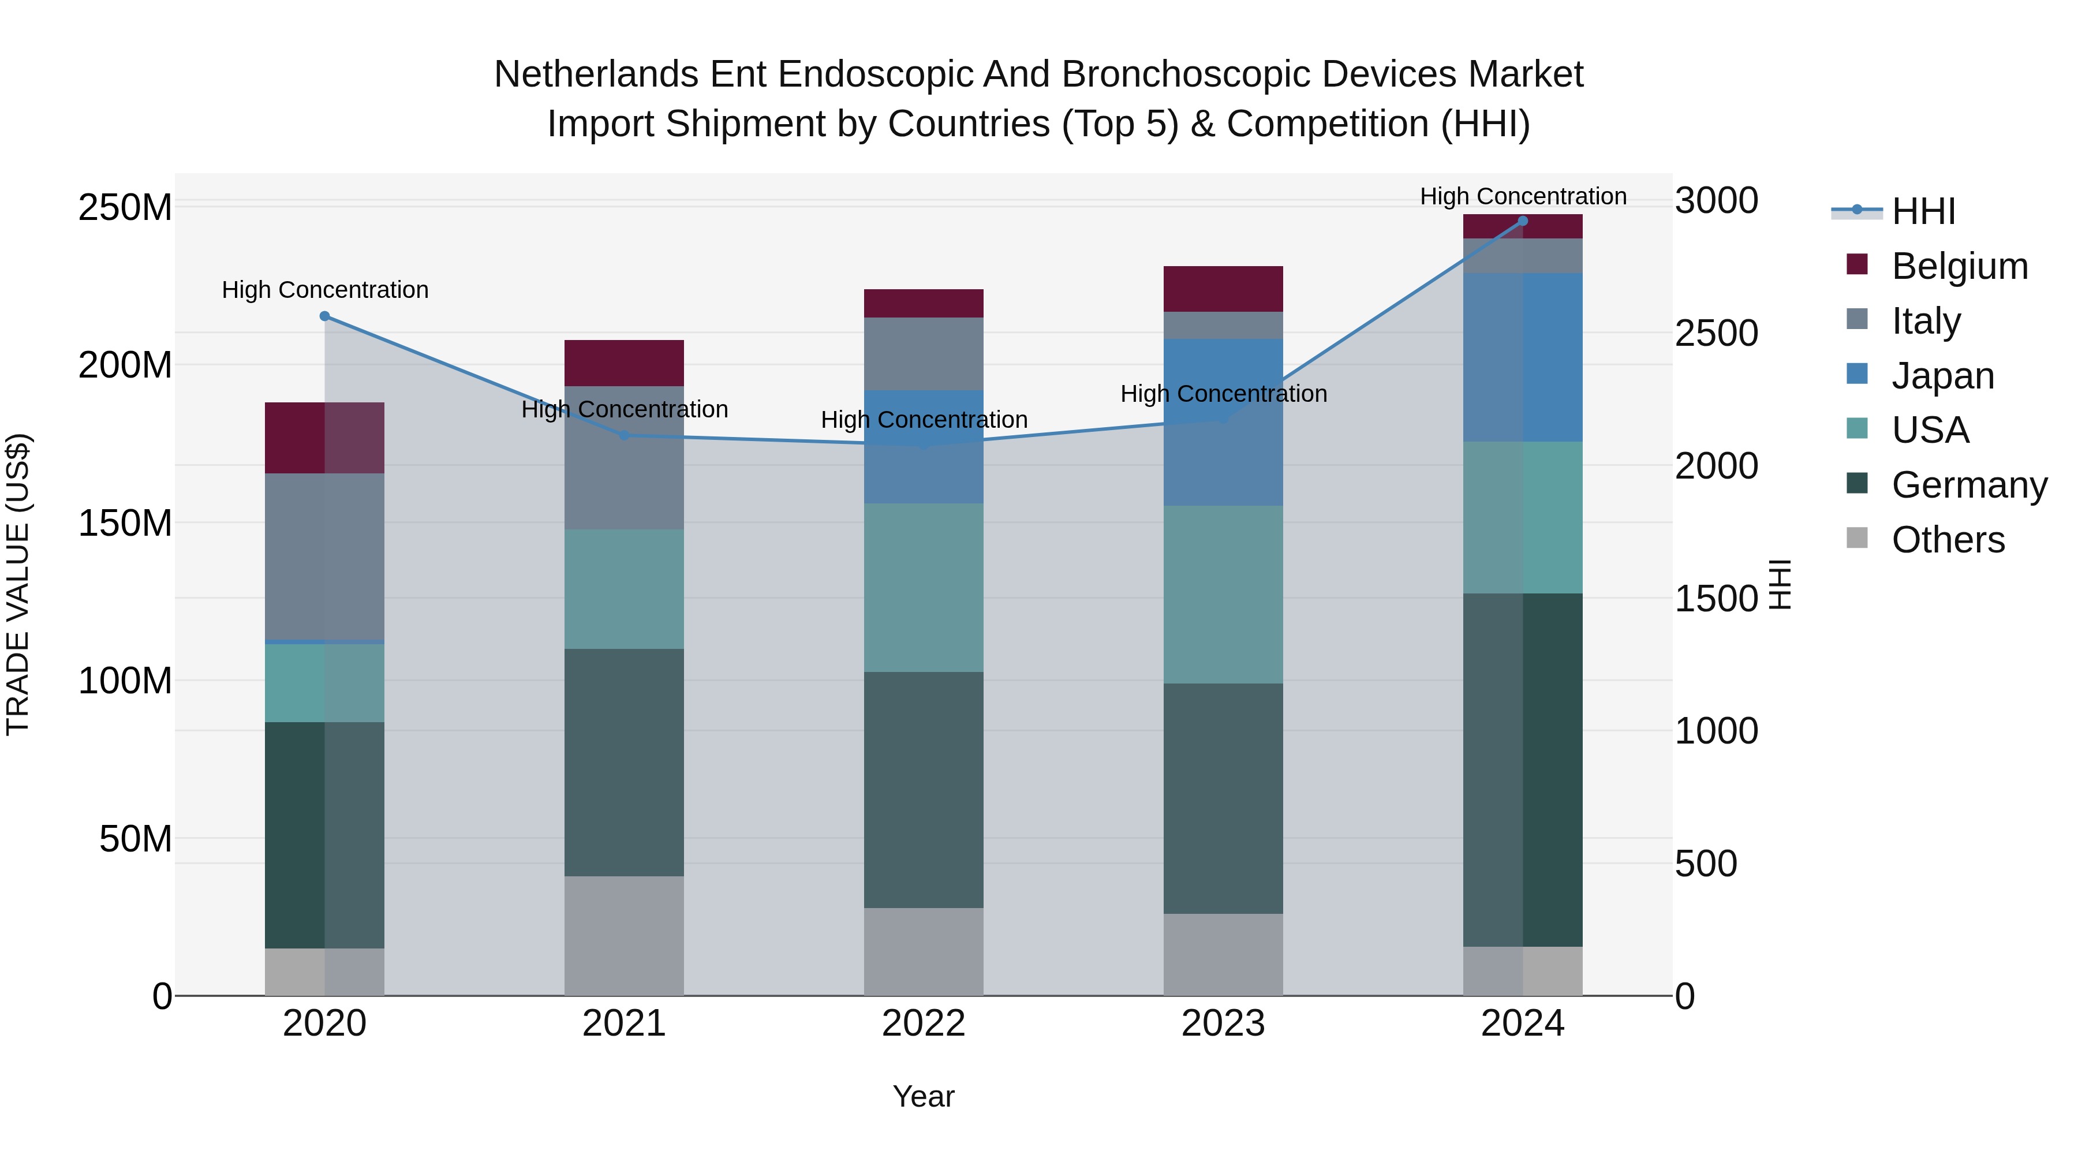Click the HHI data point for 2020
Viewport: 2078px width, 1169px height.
(324, 316)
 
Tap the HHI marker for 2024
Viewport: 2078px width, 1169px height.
(1522, 221)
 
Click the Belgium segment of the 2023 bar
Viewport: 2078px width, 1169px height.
(1223, 289)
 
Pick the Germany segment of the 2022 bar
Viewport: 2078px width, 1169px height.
(924, 790)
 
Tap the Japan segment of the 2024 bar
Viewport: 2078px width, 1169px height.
(1522, 357)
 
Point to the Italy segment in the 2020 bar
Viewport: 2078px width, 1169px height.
(324, 557)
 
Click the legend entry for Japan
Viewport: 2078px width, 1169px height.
(1942, 376)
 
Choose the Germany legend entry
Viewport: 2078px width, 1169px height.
(1969, 485)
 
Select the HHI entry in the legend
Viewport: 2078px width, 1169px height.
(1923, 211)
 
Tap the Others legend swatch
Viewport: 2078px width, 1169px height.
(1857, 538)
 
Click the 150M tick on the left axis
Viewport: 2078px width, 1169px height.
(125, 524)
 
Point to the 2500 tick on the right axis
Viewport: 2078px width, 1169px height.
(1717, 333)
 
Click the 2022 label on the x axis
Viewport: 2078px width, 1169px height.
(924, 1024)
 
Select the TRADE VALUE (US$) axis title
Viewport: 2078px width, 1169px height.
(18, 584)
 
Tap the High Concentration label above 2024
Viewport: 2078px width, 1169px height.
(1522, 197)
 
